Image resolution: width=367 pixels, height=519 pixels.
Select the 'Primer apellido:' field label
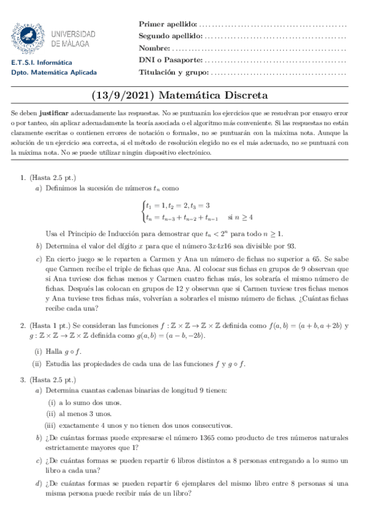[x=168, y=24]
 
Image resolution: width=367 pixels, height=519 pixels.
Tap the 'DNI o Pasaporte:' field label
[x=170, y=61]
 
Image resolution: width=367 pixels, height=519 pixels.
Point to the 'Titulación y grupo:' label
[x=174, y=73]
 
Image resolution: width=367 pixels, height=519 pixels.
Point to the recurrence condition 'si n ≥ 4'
[x=240, y=217]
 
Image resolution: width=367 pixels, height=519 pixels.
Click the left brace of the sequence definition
[x=142, y=211]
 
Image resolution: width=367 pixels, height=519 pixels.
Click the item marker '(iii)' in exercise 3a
[x=51, y=425]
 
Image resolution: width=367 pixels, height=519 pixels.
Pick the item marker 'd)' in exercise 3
[x=39, y=485]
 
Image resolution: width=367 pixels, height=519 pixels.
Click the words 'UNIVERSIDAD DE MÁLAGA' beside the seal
[x=74, y=39]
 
